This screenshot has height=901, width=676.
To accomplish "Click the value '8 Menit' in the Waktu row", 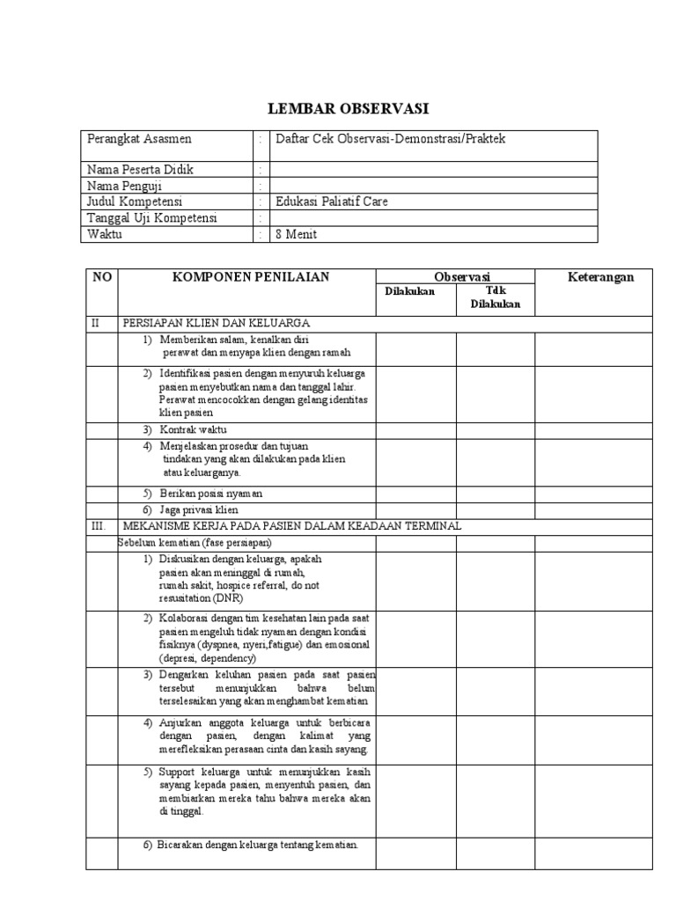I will pos(297,234).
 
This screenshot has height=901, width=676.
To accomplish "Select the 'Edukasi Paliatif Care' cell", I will pos(332,201).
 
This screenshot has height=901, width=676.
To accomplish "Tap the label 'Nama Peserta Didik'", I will pos(140,169).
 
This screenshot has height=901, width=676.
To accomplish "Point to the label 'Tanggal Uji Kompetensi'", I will pos(151,218).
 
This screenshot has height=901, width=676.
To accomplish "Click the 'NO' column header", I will pos(102,277).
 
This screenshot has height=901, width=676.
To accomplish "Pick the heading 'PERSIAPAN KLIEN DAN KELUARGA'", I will pos(216,324).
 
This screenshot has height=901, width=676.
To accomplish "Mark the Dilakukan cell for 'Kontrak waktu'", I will pos(415,429).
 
